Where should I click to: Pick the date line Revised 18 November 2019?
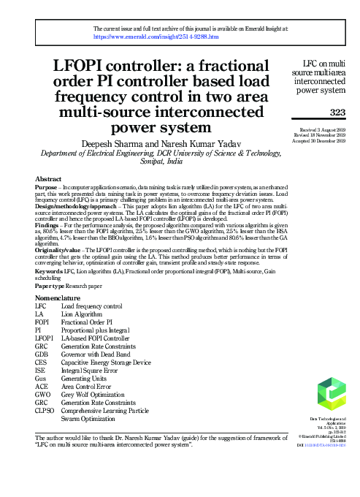(x=320, y=134)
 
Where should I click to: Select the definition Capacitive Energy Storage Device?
(x=106, y=362)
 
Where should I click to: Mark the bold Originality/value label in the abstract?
(x=59, y=248)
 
